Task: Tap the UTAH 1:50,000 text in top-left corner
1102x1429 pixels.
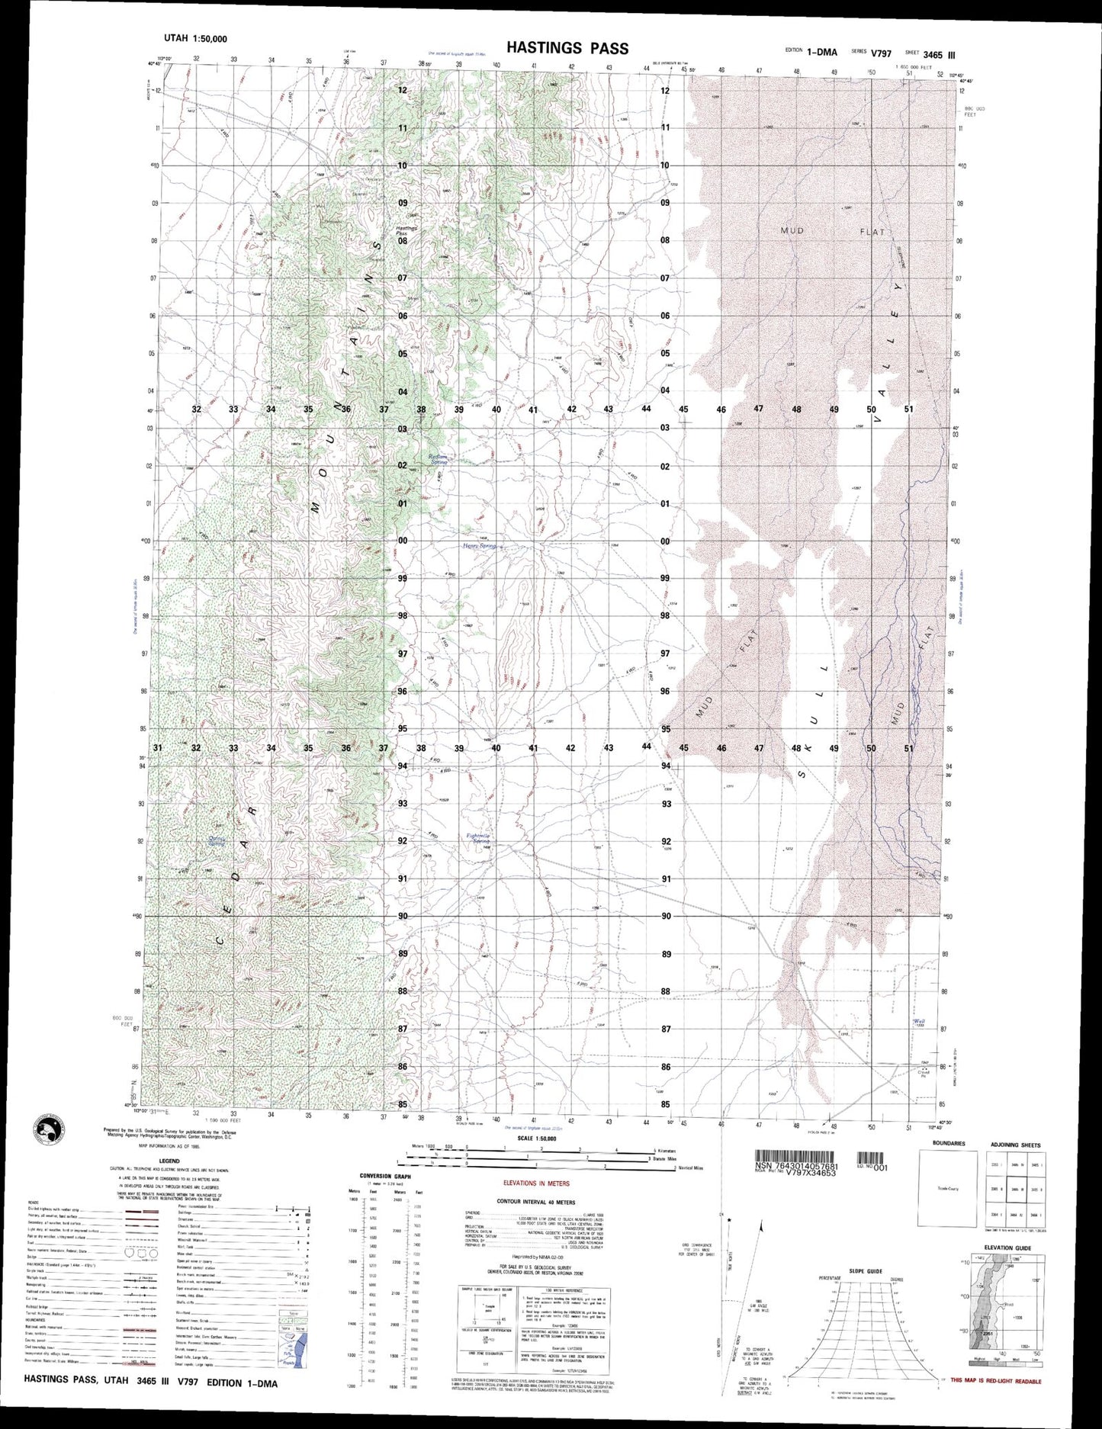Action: (x=196, y=39)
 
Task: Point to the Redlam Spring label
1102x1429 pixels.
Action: (x=439, y=460)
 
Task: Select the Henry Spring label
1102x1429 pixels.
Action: (x=478, y=546)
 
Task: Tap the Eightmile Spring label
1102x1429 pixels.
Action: (x=478, y=838)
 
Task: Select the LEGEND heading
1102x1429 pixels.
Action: (x=169, y=1161)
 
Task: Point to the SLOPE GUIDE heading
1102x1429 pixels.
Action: (x=863, y=1271)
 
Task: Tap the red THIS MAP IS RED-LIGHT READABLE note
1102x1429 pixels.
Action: (x=996, y=1381)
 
